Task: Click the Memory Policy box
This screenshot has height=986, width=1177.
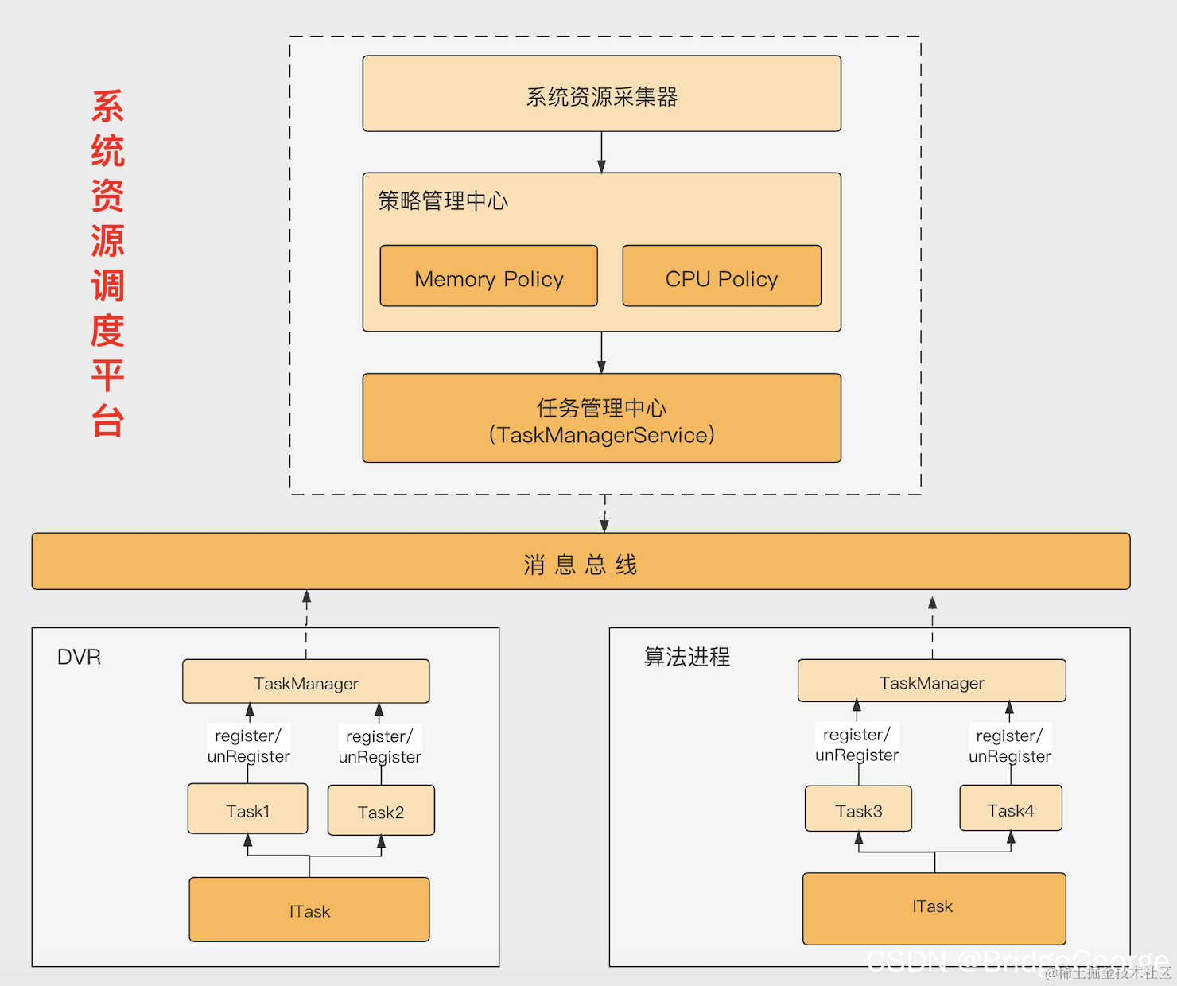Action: point(488,276)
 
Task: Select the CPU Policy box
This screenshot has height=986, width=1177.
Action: point(721,276)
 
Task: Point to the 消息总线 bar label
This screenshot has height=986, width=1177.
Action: point(581,565)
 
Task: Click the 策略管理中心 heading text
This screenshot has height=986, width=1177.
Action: point(443,200)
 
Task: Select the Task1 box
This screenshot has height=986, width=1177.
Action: point(247,809)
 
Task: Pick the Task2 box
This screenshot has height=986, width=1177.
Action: point(381,810)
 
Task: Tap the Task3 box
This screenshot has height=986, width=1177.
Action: point(858,809)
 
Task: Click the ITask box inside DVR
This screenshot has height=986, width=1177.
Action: point(309,910)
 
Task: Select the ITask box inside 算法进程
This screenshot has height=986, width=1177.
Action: point(934,908)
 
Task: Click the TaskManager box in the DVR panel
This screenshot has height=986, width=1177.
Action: point(306,681)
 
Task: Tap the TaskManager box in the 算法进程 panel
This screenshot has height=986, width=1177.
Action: point(932,681)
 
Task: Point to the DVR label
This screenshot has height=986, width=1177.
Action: point(79,657)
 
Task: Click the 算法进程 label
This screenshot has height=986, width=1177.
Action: point(687,657)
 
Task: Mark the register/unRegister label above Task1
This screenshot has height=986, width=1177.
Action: point(248,745)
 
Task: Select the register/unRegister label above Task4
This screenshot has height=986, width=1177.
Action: point(1010,745)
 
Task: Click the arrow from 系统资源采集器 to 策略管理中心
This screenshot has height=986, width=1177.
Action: point(601,152)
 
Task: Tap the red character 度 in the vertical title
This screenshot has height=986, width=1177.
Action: point(107,331)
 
